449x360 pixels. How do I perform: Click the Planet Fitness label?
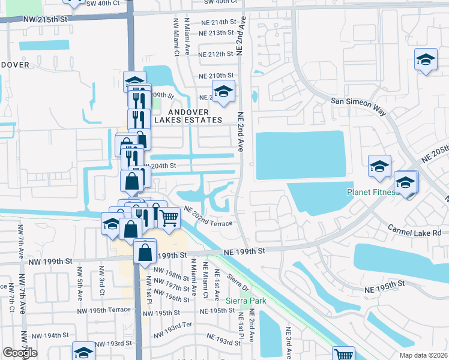click(373, 192)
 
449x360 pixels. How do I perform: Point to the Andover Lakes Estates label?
click(188, 116)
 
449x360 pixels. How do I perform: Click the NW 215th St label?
click(46, 19)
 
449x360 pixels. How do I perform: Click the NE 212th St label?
click(215, 54)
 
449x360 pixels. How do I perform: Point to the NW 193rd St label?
click(113, 343)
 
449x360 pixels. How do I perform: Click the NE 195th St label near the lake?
click(390, 289)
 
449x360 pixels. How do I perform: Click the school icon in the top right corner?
click(426, 59)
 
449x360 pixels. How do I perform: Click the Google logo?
click(20, 353)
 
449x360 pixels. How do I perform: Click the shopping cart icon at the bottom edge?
click(344, 354)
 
